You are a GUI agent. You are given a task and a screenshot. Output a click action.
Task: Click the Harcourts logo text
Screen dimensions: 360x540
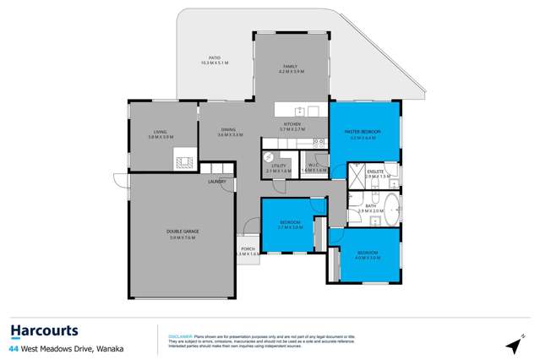click(44, 330)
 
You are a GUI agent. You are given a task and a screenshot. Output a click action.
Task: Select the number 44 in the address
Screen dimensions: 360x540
click(14, 348)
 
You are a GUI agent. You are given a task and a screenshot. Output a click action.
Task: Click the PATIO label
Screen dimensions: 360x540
click(215, 58)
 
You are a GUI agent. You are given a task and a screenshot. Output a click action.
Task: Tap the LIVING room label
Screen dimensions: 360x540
click(160, 131)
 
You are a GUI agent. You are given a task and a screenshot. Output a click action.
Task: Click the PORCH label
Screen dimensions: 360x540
click(248, 248)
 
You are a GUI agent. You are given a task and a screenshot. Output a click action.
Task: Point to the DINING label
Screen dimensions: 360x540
click(229, 129)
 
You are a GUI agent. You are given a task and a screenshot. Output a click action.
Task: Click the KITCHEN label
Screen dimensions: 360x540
click(292, 125)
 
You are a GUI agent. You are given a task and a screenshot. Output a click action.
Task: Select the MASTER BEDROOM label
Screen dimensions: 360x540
click(363, 132)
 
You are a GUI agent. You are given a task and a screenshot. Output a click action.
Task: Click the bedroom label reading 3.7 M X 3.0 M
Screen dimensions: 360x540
click(290, 226)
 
